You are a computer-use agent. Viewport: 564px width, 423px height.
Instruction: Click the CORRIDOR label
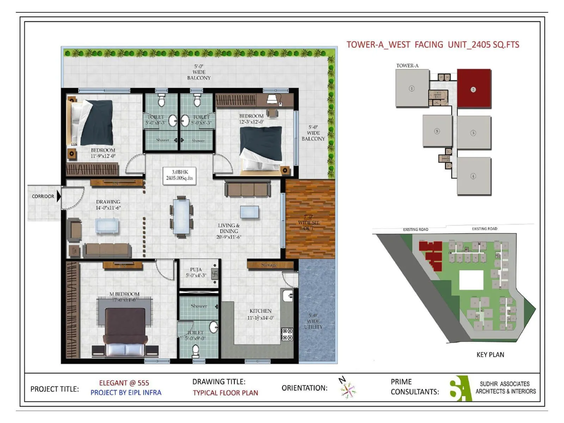pyautogui.click(x=43, y=196)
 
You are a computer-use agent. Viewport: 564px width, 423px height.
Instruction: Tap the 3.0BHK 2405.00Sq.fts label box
pyautogui.click(x=179, y=175)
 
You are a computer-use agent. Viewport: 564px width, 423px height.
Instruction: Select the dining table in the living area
pyautogui.click(x=181, y=217)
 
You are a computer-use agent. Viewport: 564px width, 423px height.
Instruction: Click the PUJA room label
pyautogui.click(x=196, y=272)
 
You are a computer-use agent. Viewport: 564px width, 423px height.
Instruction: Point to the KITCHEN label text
pyautogui.click(x=260, y=311)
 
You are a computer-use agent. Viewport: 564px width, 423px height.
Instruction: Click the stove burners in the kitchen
pyautogui.click(x=287, y=334)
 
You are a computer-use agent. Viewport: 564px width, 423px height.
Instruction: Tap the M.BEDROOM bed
pyautogui.click(x=125, y=331)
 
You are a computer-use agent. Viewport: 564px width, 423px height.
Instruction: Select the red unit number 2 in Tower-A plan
pyautogui.click(x=473, y=89)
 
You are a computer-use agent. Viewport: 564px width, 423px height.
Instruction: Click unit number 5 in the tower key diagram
pyautogui.click(x=437, y=131)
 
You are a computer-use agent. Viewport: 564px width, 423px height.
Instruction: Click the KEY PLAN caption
pyautogui.click(x=490, y=355)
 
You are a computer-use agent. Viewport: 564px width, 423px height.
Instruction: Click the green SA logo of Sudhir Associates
pyautogui.click(x=460, y=388)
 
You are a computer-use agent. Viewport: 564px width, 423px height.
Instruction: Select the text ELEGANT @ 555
pyautogui.click(x=124, y=383)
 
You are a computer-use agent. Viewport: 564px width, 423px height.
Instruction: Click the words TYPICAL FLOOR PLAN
pyautogui.click(x=225, y=393)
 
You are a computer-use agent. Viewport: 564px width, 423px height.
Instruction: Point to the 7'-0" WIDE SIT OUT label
pyautogui.click(x=308, y=222)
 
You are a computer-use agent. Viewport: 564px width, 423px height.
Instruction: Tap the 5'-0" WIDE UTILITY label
pyautogui.click(x=313, y=321)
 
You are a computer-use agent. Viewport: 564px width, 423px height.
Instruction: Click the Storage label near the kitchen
pyautogui.click(x=269, y=265)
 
